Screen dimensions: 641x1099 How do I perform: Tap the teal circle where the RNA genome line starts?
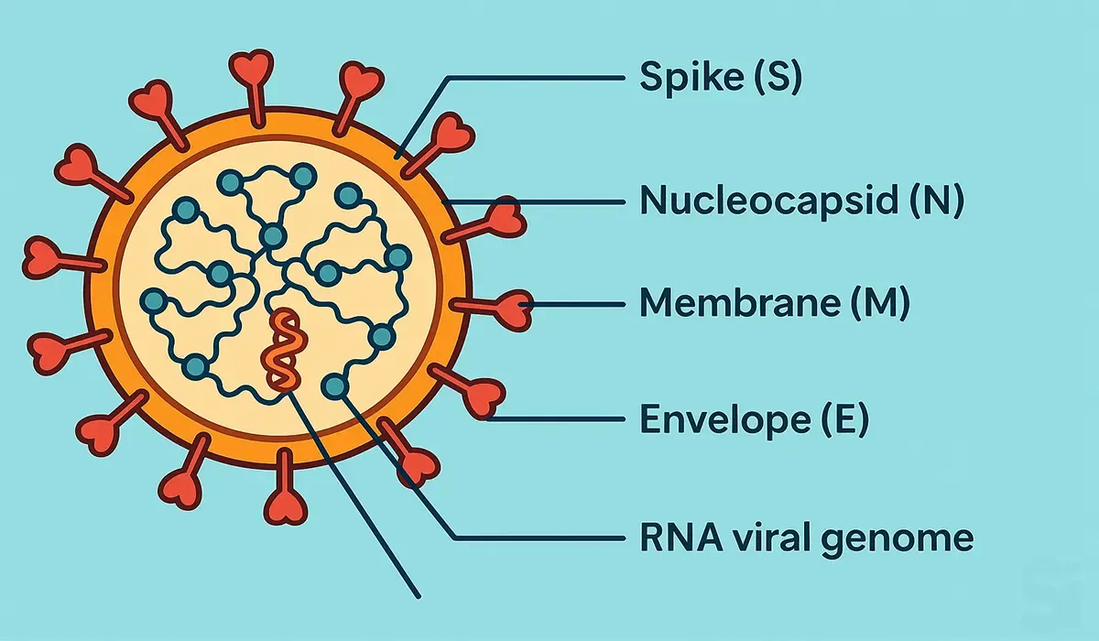335,386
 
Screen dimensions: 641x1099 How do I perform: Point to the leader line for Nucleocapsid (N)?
531,201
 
